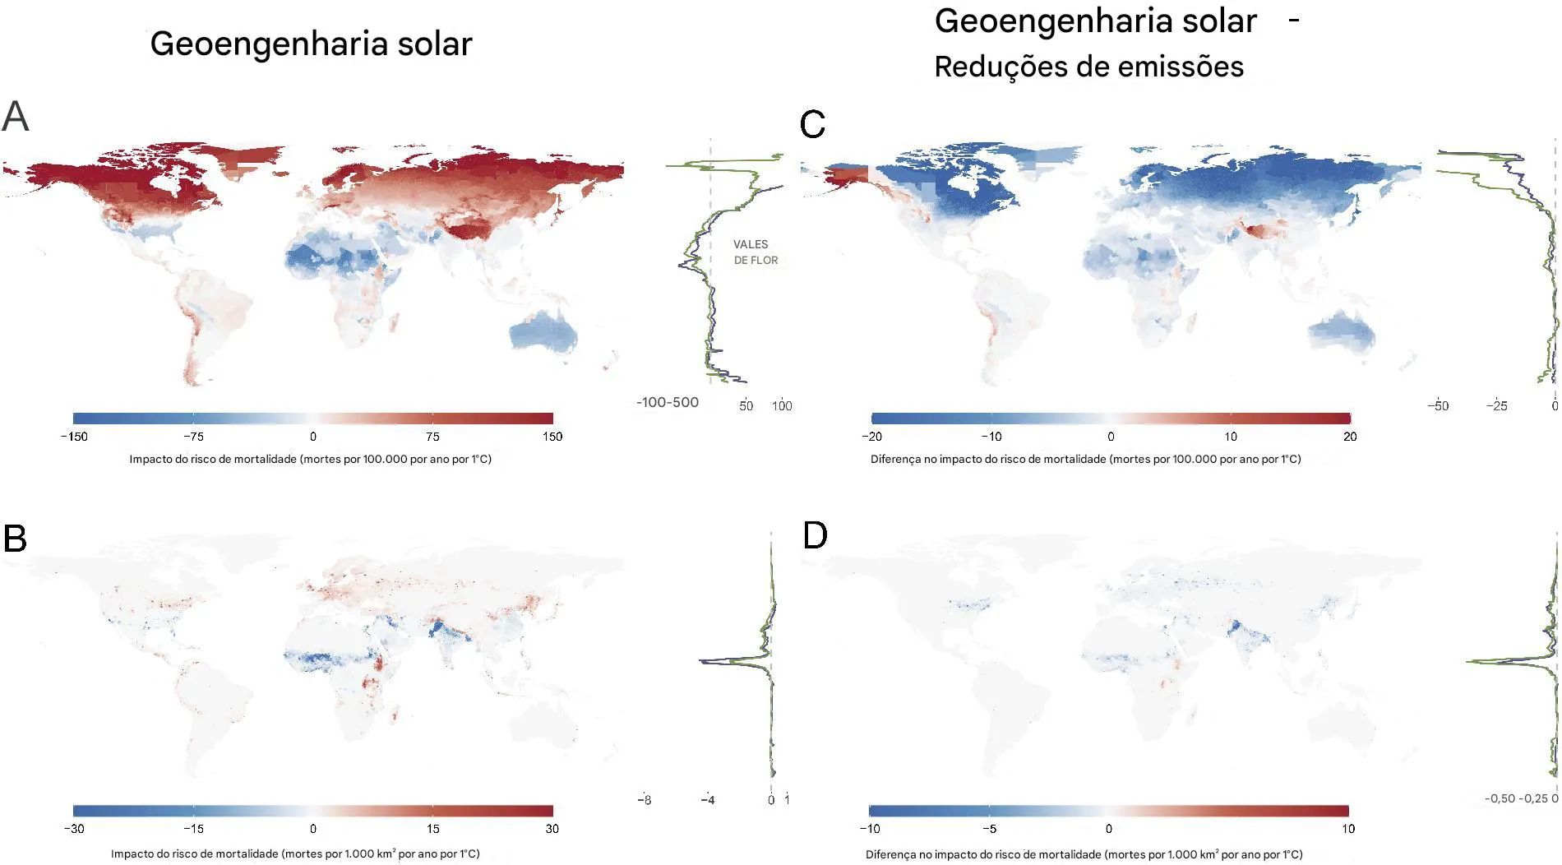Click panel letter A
click(16, 116)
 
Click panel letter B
click(16, 539)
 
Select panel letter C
click(812, 125)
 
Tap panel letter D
click(815, 535)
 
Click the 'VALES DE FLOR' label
click(755, 252)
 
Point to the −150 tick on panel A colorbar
click(74, 437)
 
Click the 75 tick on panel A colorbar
click(432, 437)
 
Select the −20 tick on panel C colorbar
click(871, 437)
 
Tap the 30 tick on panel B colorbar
click(552, 829)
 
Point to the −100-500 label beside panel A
click(667, 403)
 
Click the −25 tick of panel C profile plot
click(1496, 406)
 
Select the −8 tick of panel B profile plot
click(645, 800)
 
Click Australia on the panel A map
click(543, 333)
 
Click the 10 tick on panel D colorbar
click(1347, 829)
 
